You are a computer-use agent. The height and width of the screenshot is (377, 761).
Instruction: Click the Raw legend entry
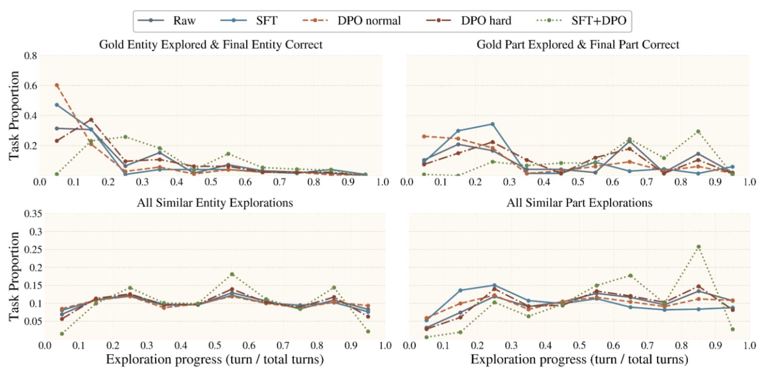pyautogui.click(x=167, y=21)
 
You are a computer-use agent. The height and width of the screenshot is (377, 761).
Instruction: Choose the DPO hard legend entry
pyautogui.click(x=469, y=21)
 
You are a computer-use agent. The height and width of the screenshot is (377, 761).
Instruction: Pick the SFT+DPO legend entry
pyautogui.click(x=581, y=21)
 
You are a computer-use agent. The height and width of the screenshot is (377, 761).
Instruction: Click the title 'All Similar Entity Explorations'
pyautogui.click(x=215, y=203)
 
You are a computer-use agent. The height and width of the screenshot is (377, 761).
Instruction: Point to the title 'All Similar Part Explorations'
pyautogui.click(x=579, y=203)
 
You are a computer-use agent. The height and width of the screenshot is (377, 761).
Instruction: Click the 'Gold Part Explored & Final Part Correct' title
pyautogui.click(x=578, y=45)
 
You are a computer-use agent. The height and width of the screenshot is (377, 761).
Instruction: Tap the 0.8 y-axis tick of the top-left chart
pyautogui.click(x=31, y=56)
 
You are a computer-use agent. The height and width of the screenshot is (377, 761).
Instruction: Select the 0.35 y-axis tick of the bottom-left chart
pyautogui.click(x=33, y=214)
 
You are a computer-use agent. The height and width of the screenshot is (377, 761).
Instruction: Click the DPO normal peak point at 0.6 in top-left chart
pyautogui.click(x=57, y=85)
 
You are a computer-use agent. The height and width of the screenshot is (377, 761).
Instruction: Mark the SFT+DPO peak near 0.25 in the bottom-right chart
pyautogui.click(x=698, y=247)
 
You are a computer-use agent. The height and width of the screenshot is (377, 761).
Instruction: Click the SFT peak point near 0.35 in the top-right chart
pyautogui.click(x=493, y=124)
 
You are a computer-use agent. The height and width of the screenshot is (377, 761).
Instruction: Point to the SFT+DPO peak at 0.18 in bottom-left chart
pyautogui.click(x=232, y=274)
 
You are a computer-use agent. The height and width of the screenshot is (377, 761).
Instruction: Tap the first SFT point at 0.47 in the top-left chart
pyautogui.click(x=57, y=105)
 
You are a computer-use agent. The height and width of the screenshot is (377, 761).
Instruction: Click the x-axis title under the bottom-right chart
pyautogui.click(x=579, y=359)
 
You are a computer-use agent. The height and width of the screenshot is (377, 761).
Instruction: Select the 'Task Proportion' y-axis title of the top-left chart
pyautogui.click(x=14, y=116)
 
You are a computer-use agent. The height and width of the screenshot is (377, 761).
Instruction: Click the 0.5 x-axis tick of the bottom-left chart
pyautogui.click(x=215, y=345)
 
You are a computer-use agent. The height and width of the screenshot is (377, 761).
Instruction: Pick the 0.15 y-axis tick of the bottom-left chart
pyautogui.click(x=33, y=285)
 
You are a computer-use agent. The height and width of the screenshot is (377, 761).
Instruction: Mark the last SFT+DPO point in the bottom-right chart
pyautogui.click(x=733, y=330)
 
